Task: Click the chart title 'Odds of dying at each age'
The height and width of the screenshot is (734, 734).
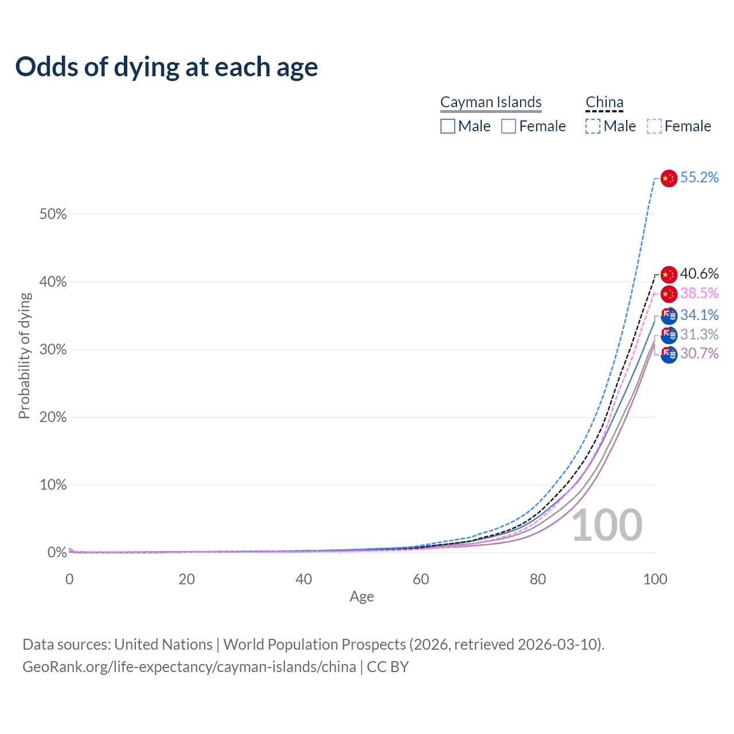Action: [166, 67]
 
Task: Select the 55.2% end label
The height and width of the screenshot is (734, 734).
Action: [699, 178]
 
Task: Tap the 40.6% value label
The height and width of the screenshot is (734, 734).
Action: [699, 274]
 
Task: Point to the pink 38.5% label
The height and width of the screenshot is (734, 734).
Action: [699, 294]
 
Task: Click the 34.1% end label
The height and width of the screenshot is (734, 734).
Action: [699, 315]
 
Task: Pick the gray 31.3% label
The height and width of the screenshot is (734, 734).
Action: [699, 334]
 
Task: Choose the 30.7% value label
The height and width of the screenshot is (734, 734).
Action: [699, 353]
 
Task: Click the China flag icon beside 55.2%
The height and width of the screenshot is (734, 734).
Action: [669, 178]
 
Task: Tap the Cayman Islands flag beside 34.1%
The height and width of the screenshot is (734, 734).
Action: [669, 316]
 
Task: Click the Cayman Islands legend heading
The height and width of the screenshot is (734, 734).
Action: [491, 102]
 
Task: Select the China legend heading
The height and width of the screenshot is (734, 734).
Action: [604, 102]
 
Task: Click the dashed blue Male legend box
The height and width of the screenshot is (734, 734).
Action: [593, 126]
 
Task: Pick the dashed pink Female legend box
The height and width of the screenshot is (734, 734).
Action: [654, 126]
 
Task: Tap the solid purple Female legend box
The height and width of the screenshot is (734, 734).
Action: [509, 126]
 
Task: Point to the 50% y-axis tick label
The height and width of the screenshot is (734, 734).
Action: [53, 214]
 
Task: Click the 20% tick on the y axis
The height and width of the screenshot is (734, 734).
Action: [53, 417]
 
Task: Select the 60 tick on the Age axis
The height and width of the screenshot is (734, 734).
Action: [421, 579]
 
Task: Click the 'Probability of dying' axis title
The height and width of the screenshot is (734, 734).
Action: [24, 356]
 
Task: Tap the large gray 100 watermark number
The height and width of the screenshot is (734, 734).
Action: [607, 525]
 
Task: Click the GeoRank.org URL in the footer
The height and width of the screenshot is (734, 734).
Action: [189, 667]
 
